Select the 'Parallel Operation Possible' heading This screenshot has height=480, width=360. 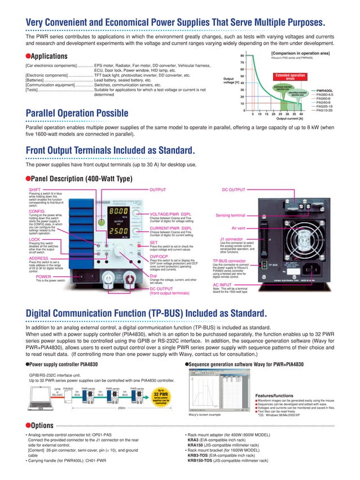[x=85, y=115]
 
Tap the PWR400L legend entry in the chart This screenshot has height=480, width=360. [x=324, y=90]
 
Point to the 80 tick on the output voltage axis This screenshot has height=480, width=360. [x=242, y=56]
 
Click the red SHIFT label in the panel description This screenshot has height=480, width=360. [x=34, y=190]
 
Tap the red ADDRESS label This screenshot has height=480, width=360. [x=38, y=258]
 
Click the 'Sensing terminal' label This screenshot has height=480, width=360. [x=230, y=215]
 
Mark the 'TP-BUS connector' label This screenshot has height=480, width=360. [x=230, y=261]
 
